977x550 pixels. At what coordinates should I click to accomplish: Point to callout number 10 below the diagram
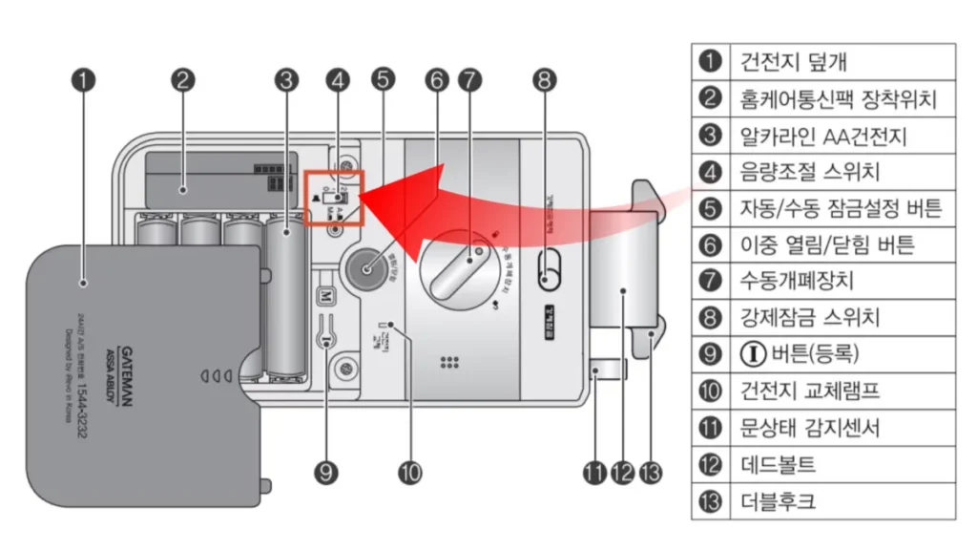410,471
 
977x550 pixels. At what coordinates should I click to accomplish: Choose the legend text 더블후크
778,500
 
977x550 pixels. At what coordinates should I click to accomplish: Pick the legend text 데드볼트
778,464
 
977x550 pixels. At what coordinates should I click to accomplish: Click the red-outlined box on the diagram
335,199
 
